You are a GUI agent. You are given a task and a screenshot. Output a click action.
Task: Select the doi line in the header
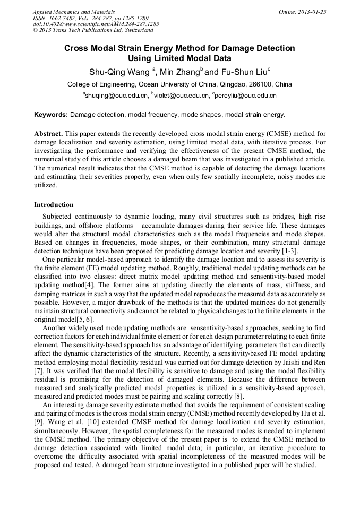click(x=96, y=24)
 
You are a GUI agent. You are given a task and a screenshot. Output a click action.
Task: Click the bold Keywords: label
click(x=51, y=115)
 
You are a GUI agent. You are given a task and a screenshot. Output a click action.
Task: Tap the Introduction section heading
click(x=54, y=205)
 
